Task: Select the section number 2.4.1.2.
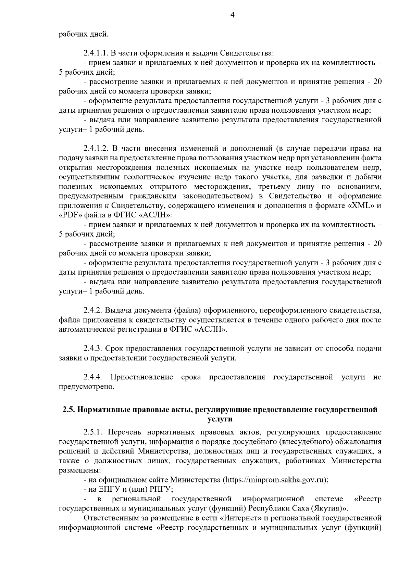[x=96, y=149]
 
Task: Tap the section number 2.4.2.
[x=93, y=311]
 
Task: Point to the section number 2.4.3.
[x=93, y=349]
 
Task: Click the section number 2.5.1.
[x=93, y=432]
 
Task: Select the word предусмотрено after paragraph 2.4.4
[x=86, y=387]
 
